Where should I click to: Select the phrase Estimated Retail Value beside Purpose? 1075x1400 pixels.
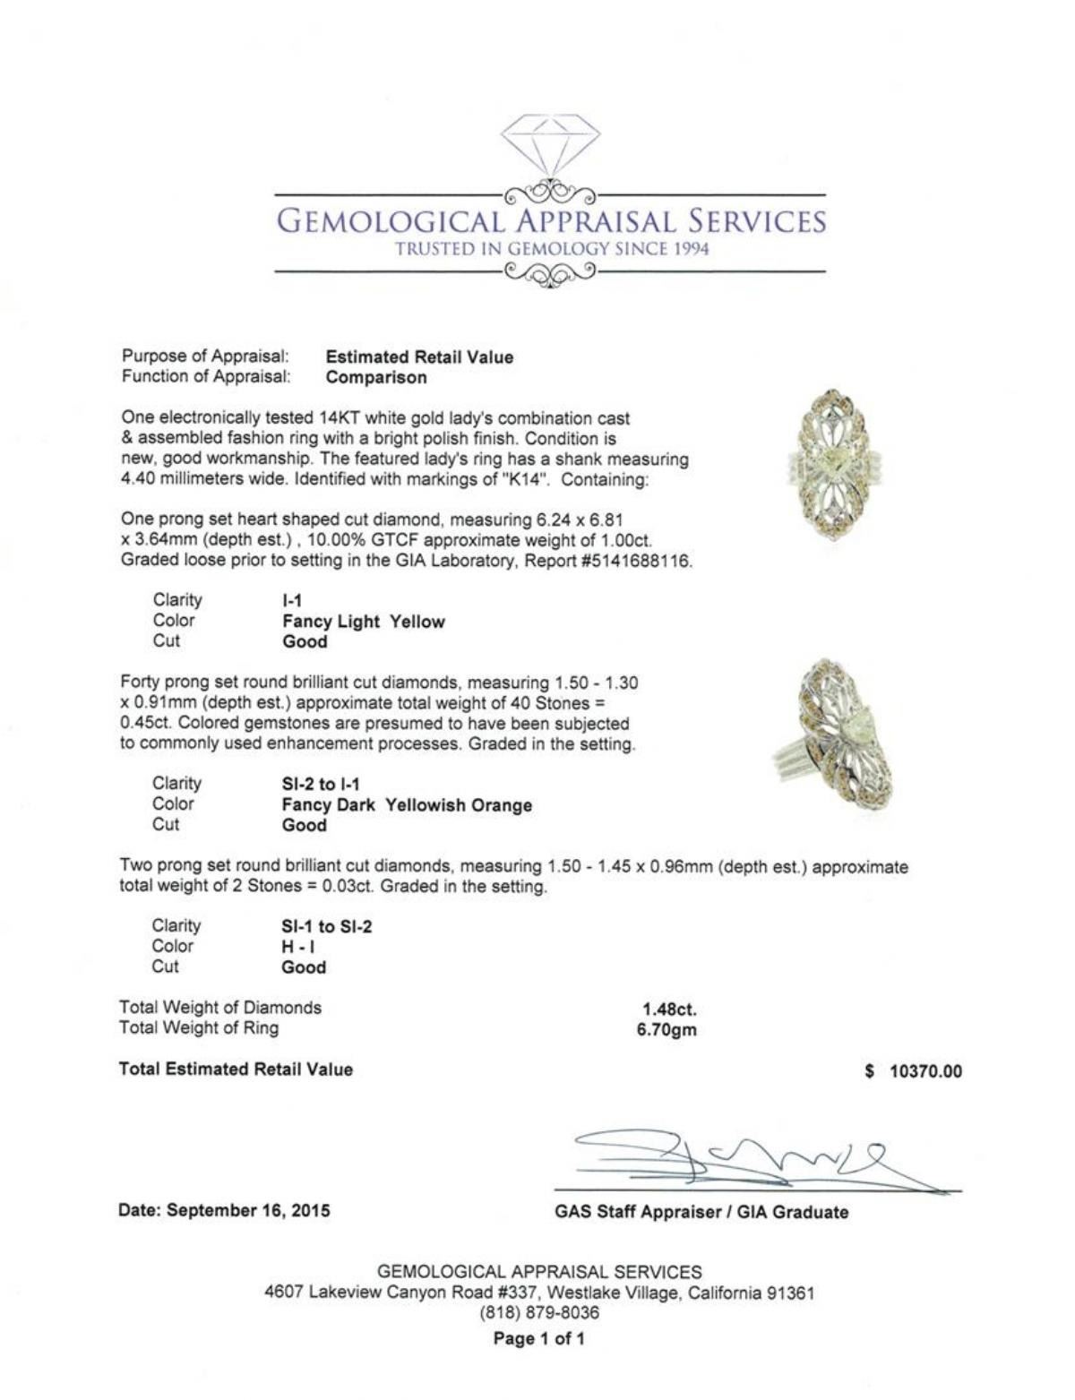419,357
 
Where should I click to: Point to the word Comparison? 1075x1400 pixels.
376,377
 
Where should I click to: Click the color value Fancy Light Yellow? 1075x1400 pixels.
363,622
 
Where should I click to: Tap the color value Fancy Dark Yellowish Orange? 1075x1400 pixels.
407,805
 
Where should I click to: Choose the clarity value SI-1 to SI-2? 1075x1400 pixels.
326,927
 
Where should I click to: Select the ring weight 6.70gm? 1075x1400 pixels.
666,1029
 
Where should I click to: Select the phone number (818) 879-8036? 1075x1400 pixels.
539,1313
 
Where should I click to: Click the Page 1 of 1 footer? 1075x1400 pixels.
538,1340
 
